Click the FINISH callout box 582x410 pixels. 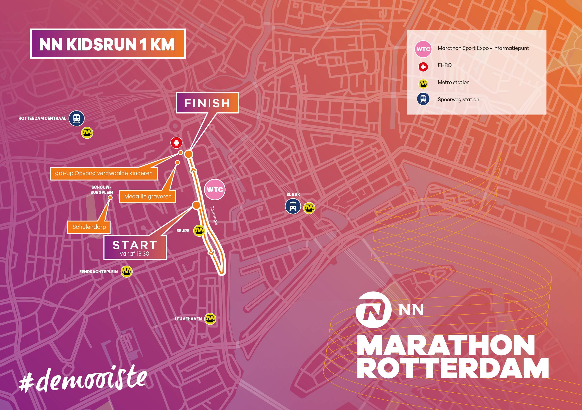[207, 103]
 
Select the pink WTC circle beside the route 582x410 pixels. [215, 190]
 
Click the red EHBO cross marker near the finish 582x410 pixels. [176, 143]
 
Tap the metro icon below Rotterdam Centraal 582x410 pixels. [87, 133]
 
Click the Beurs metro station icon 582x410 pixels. [199, 231]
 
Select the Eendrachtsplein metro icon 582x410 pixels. [126, 272]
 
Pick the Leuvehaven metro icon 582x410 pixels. [210, 319]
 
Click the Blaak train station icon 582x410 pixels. [293, 206]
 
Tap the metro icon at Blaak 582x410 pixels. [309, 208]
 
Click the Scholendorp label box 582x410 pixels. [89, 227]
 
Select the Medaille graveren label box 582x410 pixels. [148, 196]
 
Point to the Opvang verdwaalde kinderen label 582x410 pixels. [104, 173]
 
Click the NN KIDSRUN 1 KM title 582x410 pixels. [108, 44]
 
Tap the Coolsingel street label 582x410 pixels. [214, 215]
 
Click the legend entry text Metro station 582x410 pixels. [453, 82]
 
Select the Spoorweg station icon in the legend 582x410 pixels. [423, 99]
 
